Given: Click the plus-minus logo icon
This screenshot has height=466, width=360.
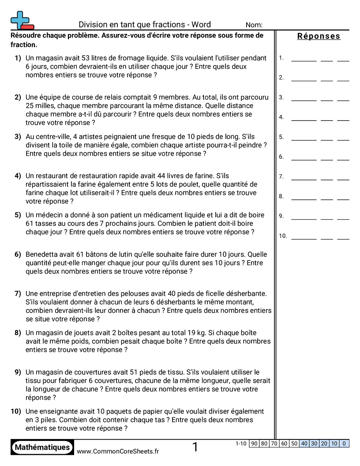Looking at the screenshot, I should [22, 20].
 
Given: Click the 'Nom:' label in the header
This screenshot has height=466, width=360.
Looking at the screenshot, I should [254, 25].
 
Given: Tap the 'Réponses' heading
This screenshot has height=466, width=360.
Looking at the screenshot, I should [319, 36].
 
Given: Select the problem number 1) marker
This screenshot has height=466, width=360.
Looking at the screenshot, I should [18, 58].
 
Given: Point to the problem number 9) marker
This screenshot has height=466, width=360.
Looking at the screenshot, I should [18, 372].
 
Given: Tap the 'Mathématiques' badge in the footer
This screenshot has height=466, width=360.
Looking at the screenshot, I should [42, 447].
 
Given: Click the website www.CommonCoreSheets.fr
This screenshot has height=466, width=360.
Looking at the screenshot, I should [118, 451].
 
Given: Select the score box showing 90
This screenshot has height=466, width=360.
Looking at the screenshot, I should [254, 443].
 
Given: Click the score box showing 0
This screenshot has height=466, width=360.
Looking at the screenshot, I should [344, 443].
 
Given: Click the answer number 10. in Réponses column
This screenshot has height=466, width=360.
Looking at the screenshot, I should [283, 236].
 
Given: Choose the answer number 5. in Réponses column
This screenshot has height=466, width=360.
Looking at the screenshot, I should [281, 137].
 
